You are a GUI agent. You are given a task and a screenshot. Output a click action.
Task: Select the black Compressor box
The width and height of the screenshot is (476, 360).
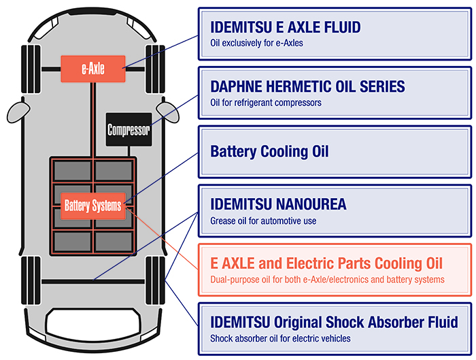click(x=129, y=129)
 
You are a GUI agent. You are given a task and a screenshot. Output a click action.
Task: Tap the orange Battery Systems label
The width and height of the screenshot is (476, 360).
click(x=92, y=205)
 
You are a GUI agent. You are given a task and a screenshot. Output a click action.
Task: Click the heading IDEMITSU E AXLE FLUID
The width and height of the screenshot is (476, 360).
click(x=286, y=28)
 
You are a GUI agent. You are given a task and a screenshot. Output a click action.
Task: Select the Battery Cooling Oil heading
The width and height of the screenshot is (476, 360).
click(x=270, y=151)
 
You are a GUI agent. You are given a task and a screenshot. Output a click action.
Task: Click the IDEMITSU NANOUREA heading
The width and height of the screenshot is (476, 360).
click(x=278, y=204)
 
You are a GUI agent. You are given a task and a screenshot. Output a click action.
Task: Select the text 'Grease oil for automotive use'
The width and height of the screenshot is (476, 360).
click(x=263, y=220)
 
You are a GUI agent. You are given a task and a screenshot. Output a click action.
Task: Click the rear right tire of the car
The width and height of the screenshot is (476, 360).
click(x=158, y=280)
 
